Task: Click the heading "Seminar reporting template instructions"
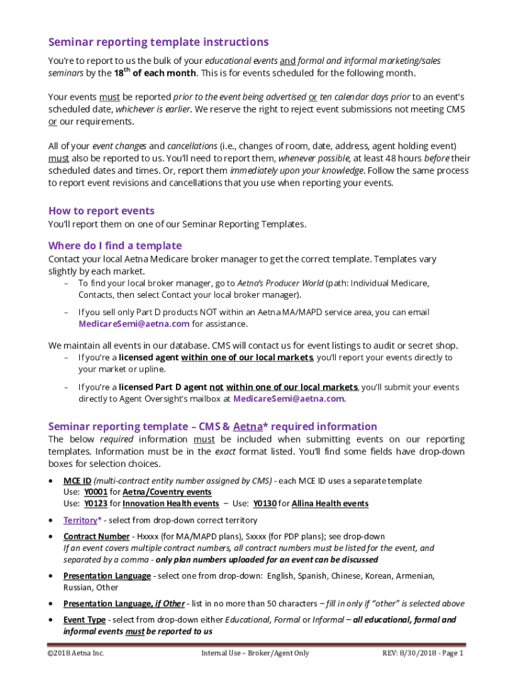coord(158,42)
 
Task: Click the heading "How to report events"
coord(101,211)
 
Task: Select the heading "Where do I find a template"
coord(115,245)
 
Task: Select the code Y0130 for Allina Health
coord(264,504)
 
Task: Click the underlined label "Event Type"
coord(84,619)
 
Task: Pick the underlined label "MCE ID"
coord(77,481)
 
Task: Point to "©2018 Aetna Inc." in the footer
coord(76,653)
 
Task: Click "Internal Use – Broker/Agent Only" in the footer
coord(255,653)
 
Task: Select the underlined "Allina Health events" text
coord(330,504)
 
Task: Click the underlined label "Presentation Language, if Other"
coord(124,603)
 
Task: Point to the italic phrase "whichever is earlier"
coord(148,109)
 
